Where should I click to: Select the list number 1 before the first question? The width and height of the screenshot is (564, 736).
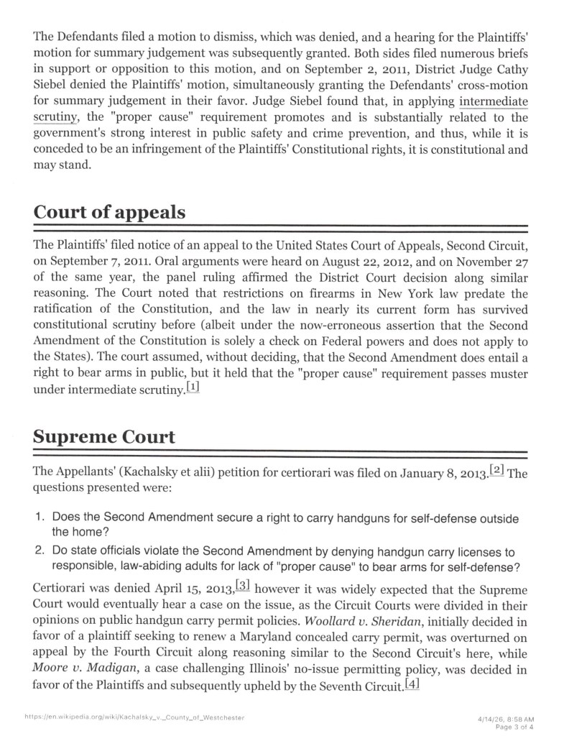click(40, 518)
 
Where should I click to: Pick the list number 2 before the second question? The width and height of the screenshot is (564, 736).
click(40, 551)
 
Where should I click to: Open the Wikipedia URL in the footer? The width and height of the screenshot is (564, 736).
click(134, 717)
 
